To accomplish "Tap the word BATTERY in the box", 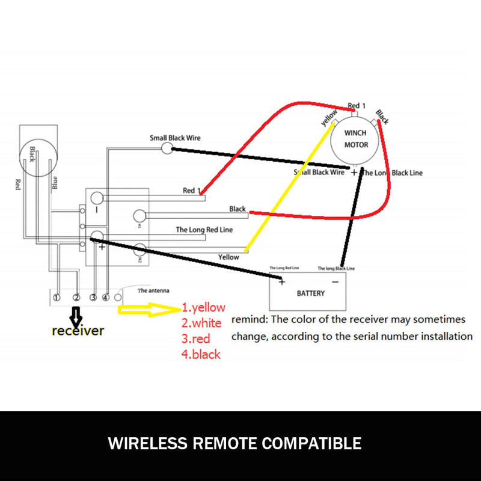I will [x=311, y=293].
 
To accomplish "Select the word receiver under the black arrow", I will [x=78, y=330].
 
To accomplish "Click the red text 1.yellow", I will [x=203, y=308].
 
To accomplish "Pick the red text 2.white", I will [x=201, y=323].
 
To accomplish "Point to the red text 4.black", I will [x=201, y=354].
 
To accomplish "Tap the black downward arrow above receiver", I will [x=76, y=315].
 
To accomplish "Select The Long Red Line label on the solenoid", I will [x=204, y=229].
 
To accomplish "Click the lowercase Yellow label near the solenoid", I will [x=228, y=257].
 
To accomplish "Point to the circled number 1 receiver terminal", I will [x=56, y=298].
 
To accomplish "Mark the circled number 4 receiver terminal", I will [x=105, y=298].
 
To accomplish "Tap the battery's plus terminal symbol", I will [x=281, y=280].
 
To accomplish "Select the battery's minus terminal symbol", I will [x=335, y=280].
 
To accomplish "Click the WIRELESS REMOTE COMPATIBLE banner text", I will [x=234, y=444].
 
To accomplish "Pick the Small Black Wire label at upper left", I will [x=175, y=138].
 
